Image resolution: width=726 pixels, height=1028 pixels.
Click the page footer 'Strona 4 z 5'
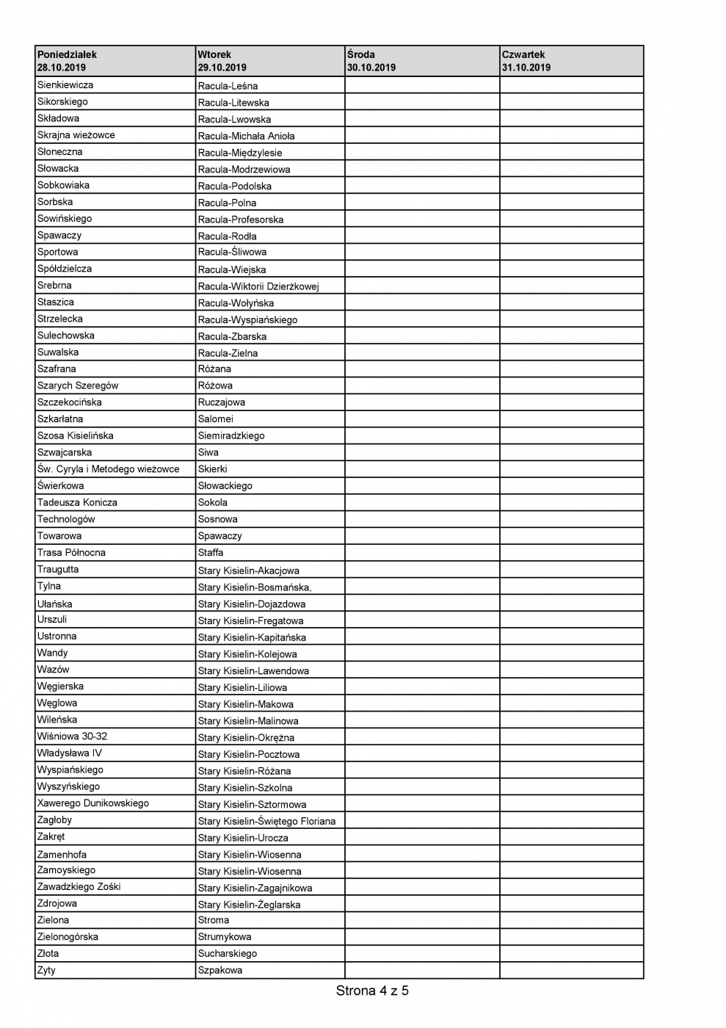(372, 991)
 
